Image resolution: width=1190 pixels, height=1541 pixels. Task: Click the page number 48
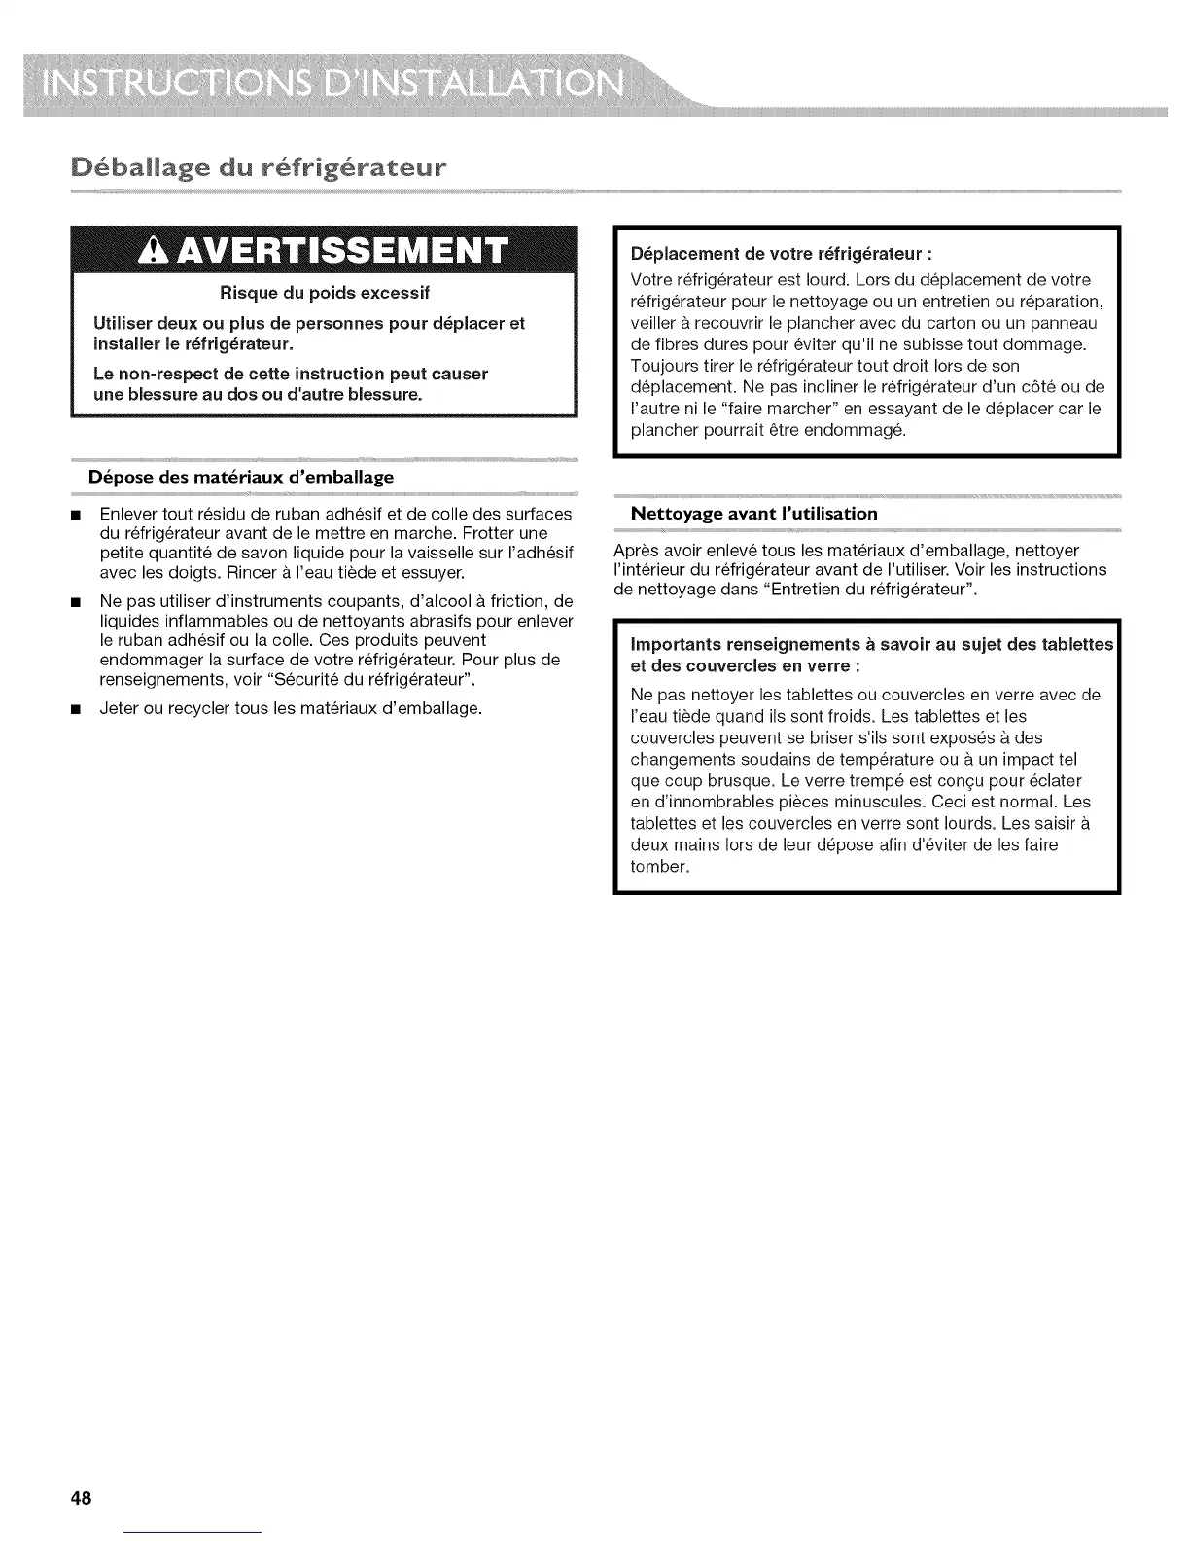tap(81, 1497)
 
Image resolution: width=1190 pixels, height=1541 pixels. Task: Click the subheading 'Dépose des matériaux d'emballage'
tap(241, 477)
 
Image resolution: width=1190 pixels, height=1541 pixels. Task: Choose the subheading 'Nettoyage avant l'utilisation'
tap(753, 513)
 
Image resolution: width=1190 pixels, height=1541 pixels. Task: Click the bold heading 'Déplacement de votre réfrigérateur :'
tap(782, 254)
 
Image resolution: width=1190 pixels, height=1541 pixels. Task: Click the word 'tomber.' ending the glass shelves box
tap(660, 866)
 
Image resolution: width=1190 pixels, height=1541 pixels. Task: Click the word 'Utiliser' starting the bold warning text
tap(125, 323)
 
